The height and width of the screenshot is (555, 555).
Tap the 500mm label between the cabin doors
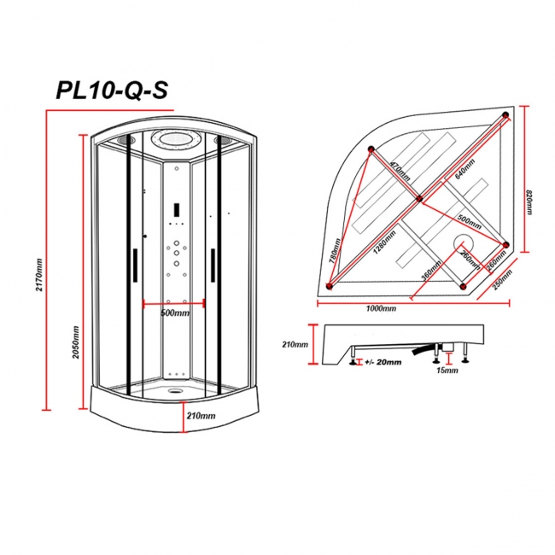(174, 313)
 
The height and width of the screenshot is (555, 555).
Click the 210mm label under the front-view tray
(201, 416)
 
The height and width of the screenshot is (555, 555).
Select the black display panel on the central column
(173, 207)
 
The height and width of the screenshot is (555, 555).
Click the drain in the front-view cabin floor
(175, 394)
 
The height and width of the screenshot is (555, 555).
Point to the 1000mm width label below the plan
(381, 308)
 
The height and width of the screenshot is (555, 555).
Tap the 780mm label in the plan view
(337, 252)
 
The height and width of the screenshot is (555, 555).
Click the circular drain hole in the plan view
(464, 243)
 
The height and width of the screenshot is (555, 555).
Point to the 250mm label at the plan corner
(501, 280)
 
